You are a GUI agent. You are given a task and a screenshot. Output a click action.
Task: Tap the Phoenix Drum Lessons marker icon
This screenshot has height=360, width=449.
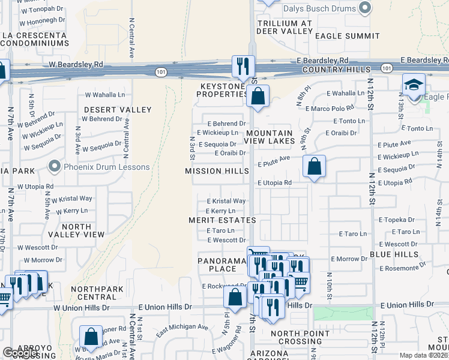point(55,166)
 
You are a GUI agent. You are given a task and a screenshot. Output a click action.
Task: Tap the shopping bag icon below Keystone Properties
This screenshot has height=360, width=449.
point(258,95)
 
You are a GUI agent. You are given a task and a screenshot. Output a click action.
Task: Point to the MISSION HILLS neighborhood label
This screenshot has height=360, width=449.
point(217,171)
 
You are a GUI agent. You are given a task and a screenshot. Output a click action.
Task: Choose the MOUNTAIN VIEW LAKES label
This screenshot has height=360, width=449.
point(269,137)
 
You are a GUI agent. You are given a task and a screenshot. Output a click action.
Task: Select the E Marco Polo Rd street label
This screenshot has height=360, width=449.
point(330,109)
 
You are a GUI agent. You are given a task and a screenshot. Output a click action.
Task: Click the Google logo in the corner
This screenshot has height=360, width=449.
point(20,353)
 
